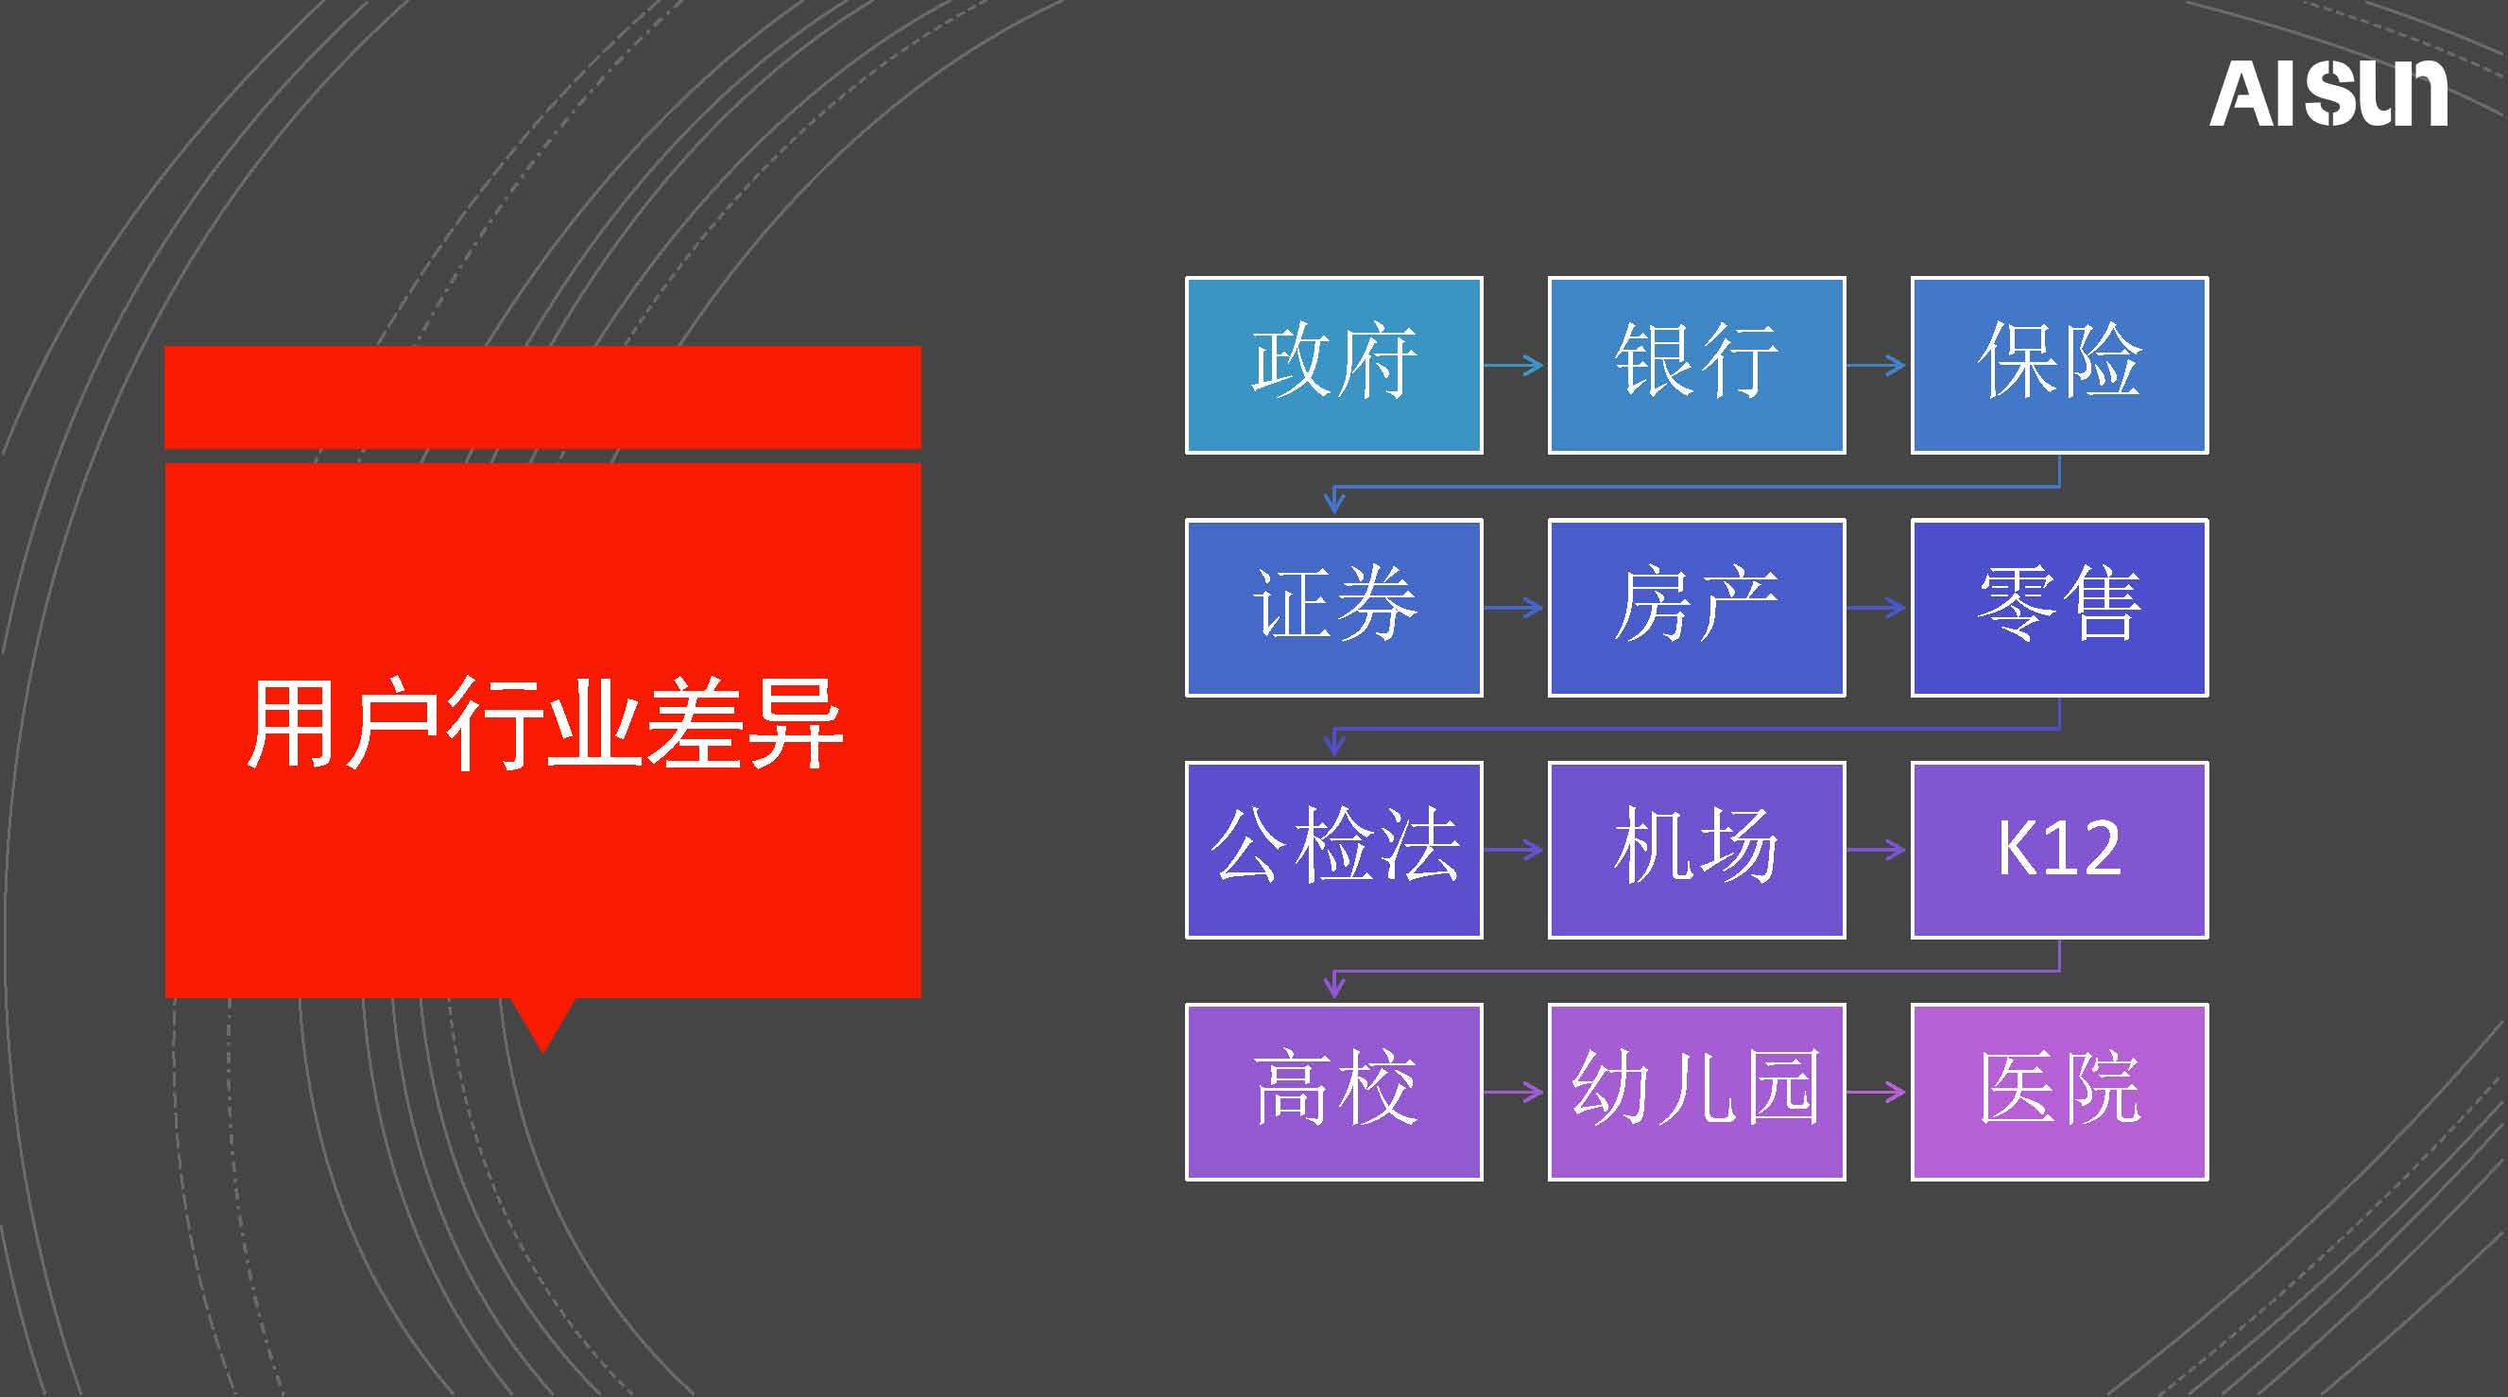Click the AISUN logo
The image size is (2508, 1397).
pos(2328,93)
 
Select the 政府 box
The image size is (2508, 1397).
pos(1333,365)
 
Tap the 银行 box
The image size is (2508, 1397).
pos(1697,365)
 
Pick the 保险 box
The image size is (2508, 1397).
pos(2060,365)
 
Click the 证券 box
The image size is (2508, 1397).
pos(1333,608)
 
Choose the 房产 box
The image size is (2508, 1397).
pos(1697,608)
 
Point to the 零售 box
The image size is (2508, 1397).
pos(2060,608)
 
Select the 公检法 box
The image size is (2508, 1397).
pos(1333,850)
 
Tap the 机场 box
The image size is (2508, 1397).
pos(1697,850)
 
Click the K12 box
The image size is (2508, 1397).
pos(2060,850)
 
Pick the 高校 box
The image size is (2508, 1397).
pos(1333,1093)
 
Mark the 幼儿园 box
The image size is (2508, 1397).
pos(1697,1093)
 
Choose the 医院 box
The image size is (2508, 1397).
pos(2060,1093)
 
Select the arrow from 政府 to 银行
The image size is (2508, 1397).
pos(1514,365)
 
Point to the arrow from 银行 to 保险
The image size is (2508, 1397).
pos(1877,365)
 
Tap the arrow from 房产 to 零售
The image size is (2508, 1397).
pos(1877,608)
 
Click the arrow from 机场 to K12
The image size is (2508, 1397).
pos(1877,850)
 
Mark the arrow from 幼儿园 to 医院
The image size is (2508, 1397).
pos(1877,1093)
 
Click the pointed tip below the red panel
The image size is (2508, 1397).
pos(543,1051)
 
